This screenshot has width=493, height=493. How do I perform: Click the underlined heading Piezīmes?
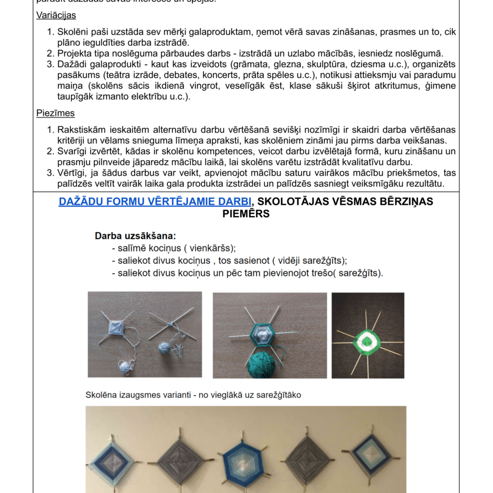coord(55,113)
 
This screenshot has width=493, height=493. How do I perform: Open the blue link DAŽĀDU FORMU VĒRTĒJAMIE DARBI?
coord(155,201)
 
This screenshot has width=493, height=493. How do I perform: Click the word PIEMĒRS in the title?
coord(246,213)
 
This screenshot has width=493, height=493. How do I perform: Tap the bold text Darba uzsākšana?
coord(135,236)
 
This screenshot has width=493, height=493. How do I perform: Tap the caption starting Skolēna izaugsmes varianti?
coord(193,395)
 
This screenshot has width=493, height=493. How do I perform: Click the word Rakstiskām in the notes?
coord(81,130)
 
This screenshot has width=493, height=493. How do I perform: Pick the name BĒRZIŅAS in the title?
coord(404,201)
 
